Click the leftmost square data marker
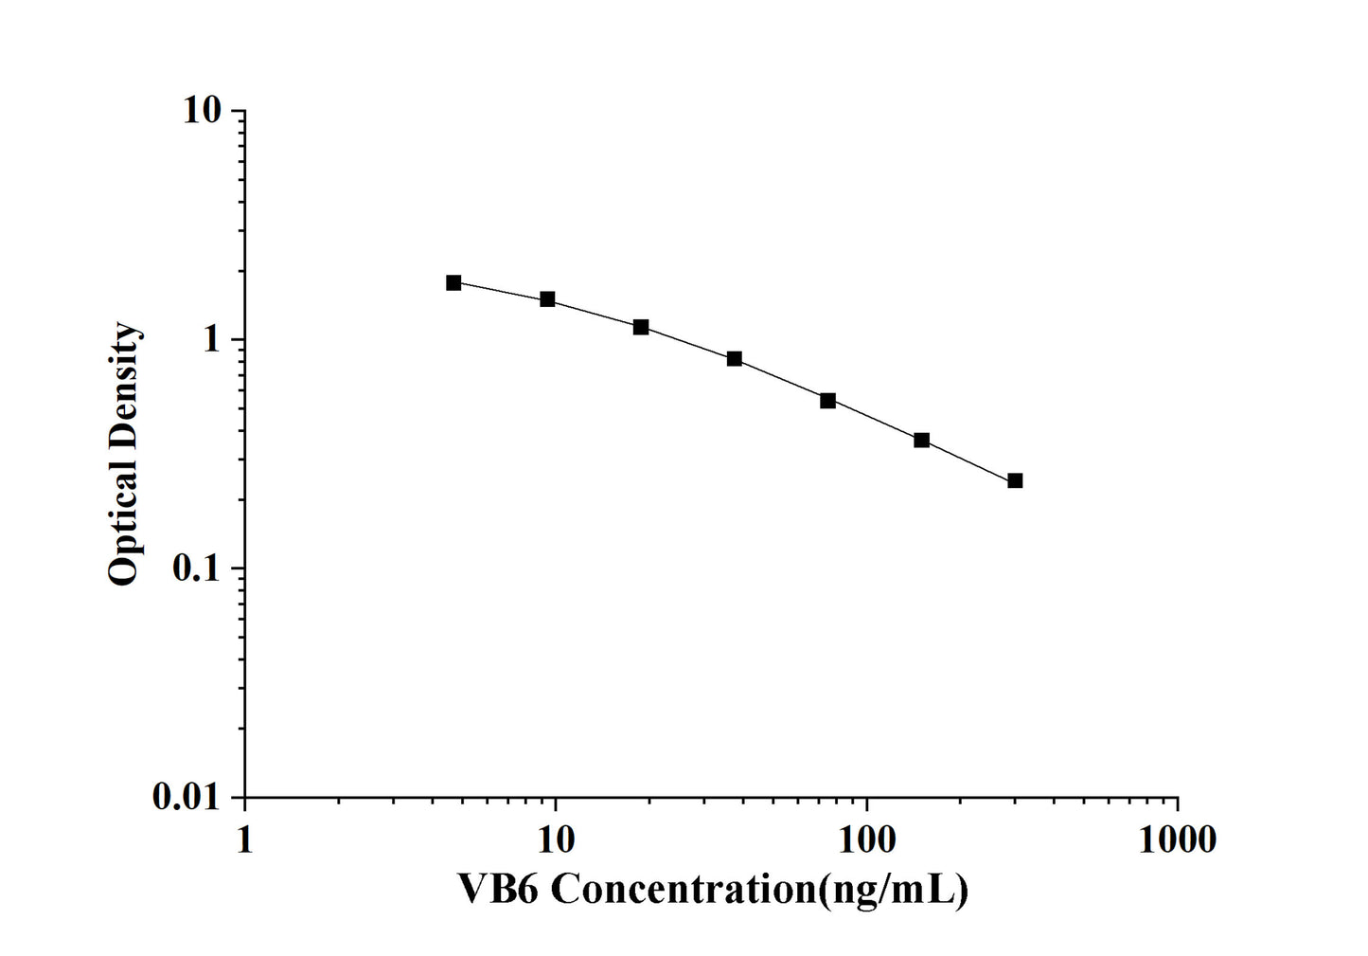453,282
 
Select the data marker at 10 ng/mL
547,299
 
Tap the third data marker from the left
641,327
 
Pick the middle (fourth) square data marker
735,359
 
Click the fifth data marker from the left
827,401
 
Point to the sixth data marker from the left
921,441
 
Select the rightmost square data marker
1015,480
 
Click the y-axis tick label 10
202,111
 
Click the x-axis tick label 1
244,839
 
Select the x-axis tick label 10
556,839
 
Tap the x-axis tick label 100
866,839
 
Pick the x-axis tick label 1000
1177,839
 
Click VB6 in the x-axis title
498,890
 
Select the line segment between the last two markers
968,460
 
